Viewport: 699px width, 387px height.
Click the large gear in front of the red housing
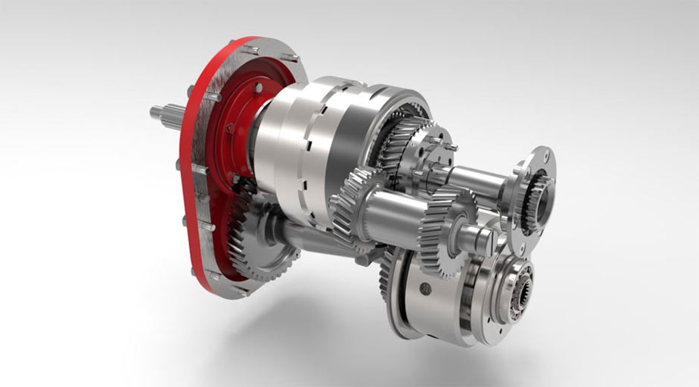coord(250,243)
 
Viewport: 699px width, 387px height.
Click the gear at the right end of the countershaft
coord(446,226)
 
